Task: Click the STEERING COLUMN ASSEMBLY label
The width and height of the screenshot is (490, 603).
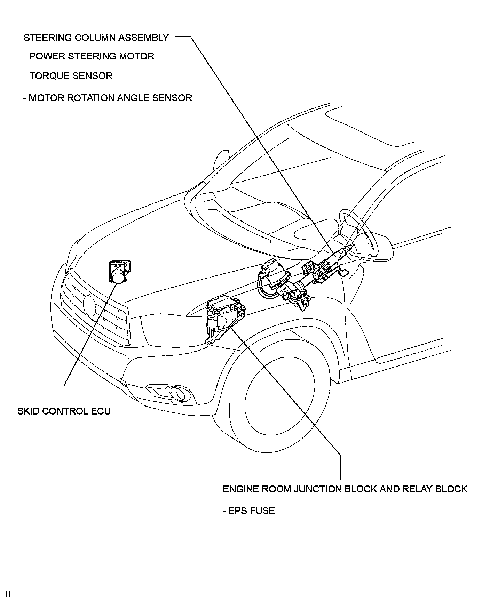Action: click(96, 38)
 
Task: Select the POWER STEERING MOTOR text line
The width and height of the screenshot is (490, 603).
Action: click(89, 56)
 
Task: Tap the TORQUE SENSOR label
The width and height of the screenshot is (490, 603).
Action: click(68, 76)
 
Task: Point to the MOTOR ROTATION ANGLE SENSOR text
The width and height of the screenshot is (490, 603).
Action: click(108, 98)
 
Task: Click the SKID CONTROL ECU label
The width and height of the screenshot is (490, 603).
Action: click(64, 411)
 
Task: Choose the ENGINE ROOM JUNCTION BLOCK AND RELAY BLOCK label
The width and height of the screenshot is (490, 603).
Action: click(345, 489)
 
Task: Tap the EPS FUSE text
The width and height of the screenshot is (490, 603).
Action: click(248, 511)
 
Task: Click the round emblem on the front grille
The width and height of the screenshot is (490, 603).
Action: click(90, 305)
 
